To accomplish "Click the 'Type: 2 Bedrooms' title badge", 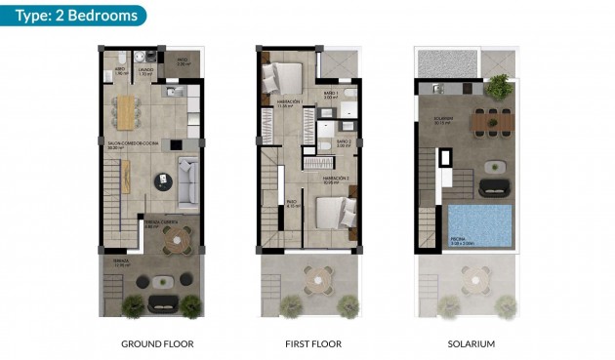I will pyautogui.click(x=72, y=15).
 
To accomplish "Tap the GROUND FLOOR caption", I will pyautogui.click(x=156, y=344).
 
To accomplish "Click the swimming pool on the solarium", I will pyautogui.click(x=479, y=227).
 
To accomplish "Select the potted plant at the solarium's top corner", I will pyautogui.click(x=499, y=86).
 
